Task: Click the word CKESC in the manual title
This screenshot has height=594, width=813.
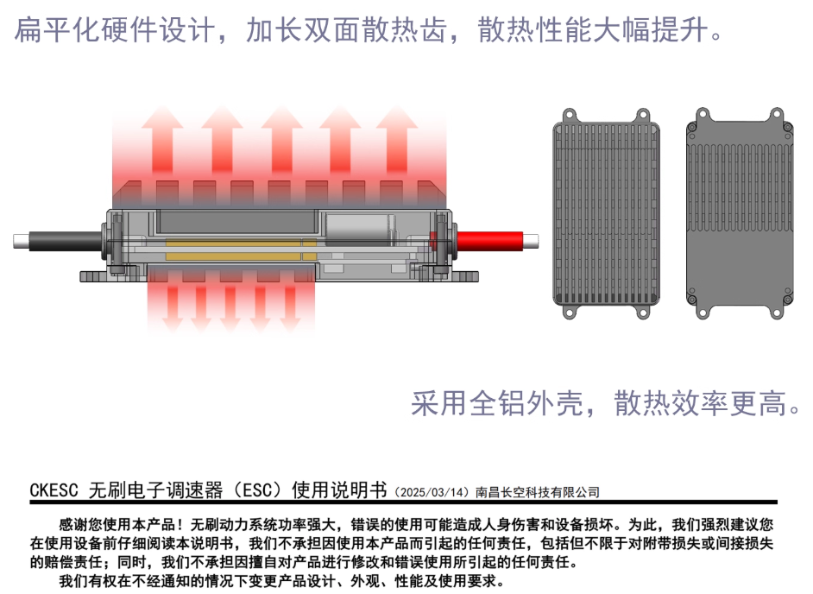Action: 55,491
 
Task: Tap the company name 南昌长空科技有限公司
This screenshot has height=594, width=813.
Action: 537,492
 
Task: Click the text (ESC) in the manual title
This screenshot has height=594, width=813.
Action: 258,491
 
